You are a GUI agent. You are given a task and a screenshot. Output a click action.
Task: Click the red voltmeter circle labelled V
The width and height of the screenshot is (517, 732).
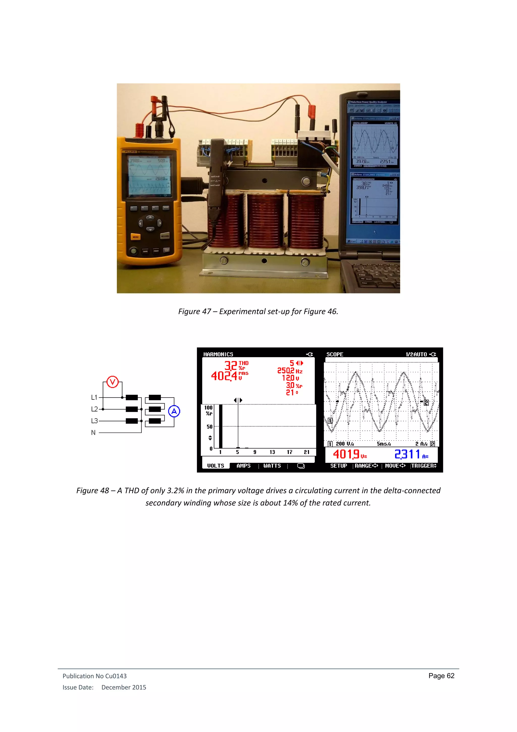[112, 382]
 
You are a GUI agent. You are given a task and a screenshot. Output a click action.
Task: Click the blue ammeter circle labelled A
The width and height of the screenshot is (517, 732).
[174, 411]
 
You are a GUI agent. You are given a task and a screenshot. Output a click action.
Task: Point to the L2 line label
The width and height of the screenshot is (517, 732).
[94, 409]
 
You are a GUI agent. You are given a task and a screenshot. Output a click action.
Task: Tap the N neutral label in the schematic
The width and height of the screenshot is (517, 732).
[93, 433]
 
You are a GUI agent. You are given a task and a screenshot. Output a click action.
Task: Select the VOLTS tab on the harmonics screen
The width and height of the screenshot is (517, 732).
[216, 466]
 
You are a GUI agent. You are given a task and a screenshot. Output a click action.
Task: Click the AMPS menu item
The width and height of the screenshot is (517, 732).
[244, 466]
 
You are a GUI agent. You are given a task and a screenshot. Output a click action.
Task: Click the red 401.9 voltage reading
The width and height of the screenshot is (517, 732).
[346, 454]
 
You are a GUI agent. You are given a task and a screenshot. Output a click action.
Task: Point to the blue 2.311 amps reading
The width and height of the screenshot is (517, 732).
[407, 454]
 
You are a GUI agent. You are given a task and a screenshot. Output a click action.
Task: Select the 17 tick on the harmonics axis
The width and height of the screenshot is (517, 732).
[289, 452]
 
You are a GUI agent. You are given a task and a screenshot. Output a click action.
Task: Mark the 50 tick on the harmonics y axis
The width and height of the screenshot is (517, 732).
[210, 427]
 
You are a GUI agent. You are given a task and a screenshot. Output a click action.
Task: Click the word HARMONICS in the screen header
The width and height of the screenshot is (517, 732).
[218, 354]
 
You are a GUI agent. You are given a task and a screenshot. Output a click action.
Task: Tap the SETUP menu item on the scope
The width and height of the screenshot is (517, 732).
[339, 466]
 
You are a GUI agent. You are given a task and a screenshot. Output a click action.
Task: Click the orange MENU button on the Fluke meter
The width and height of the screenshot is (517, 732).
[136, 237]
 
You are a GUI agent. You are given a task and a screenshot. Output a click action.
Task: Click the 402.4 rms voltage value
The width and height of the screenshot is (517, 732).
[224, 376]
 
